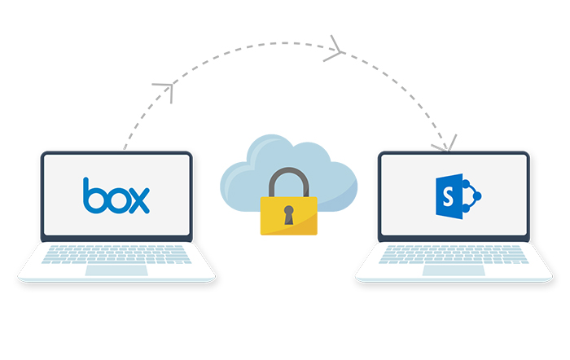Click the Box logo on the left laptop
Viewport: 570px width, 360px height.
[116, 195]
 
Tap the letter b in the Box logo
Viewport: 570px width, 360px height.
[93, 195]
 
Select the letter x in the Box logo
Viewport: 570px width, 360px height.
[139, 200]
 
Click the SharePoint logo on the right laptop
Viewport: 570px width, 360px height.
[458, 196]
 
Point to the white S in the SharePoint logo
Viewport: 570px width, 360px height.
[448, 197]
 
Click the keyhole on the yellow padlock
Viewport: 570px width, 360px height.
[288, 215]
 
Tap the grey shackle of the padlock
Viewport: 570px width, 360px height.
[288, 181]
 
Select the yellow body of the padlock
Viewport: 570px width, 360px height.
[288, 216]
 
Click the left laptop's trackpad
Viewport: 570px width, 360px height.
[116, 270]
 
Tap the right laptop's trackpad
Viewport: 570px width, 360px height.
[454, 270]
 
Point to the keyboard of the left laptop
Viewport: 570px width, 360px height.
[116, 255]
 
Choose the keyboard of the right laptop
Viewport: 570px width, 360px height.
[454, 255]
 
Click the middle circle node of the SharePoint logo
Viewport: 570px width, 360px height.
[477, 196]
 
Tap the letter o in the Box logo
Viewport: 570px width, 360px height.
[116, 200]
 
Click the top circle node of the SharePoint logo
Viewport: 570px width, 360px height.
[466, 183]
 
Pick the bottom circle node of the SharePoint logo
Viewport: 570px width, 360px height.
[466, 209]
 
